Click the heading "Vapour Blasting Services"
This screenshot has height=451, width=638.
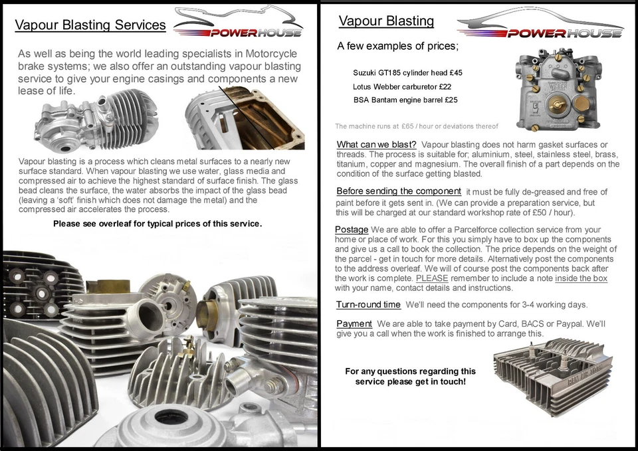90,25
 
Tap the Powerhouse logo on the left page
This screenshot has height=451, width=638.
239,23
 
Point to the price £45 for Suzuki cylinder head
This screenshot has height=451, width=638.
455,72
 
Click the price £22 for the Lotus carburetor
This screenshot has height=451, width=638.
445,86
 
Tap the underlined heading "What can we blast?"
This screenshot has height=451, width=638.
376,145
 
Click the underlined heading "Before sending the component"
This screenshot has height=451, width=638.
398,191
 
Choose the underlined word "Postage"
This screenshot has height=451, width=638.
351,230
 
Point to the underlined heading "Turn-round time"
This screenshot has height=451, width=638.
368,304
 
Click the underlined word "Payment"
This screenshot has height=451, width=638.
354,323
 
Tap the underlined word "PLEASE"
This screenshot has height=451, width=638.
432,278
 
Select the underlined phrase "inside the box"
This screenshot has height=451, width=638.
581,278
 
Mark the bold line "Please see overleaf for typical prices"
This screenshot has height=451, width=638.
158,223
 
